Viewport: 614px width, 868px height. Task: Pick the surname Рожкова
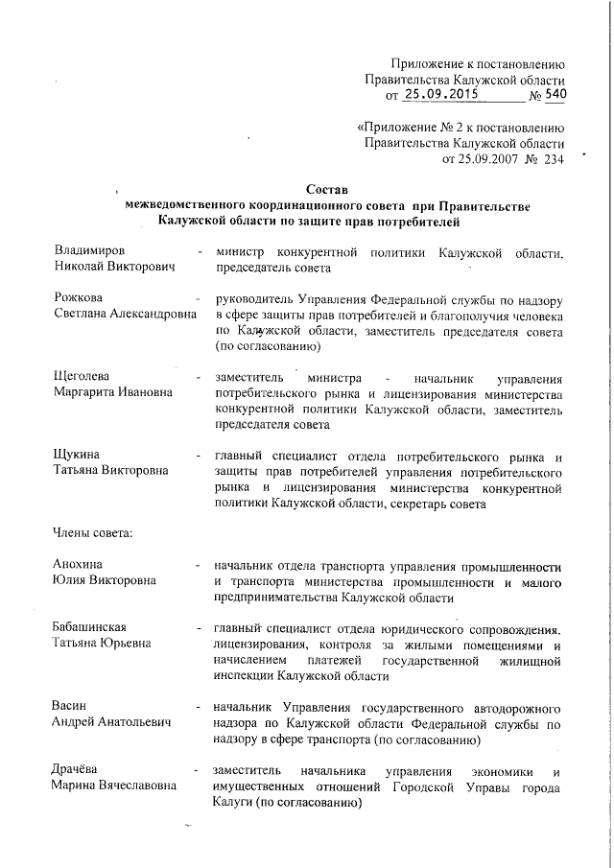point(79,299)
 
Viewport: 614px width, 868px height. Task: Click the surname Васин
point(70,708)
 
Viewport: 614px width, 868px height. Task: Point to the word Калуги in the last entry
point(234,804)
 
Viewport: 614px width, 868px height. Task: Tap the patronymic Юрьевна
point(133,645)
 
